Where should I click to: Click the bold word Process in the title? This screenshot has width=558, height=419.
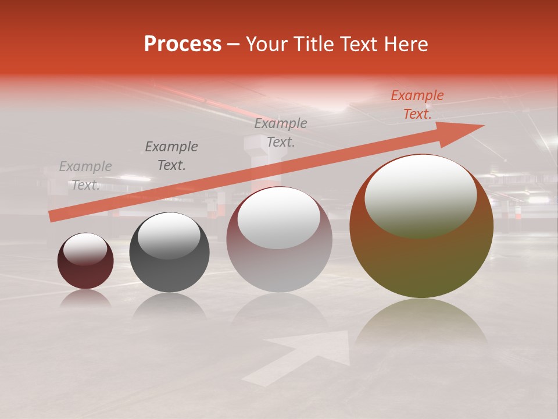(x=183, y=44)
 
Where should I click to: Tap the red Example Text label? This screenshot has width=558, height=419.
(x=417, y=105)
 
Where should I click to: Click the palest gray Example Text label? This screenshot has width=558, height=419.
(x=85, y=176)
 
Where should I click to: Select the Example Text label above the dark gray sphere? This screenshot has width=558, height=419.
(x=171, y=156)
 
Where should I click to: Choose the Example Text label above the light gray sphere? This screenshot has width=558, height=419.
(x=281, y=133)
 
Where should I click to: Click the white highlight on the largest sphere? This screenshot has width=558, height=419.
(x=421, y=195)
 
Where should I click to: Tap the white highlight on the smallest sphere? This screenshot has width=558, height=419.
(x=85, y=249)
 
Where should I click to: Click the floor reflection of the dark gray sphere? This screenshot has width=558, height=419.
(x=169, y=306)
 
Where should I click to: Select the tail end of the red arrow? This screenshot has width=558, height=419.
(x=52, y=216)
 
